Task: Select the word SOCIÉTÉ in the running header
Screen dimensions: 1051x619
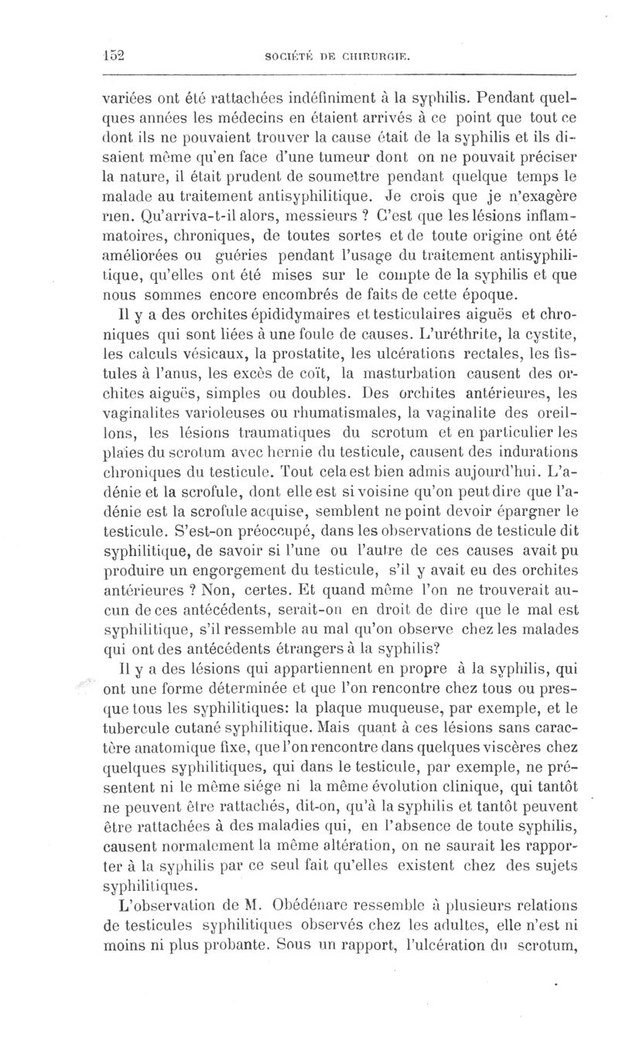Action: coord(287,57)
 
